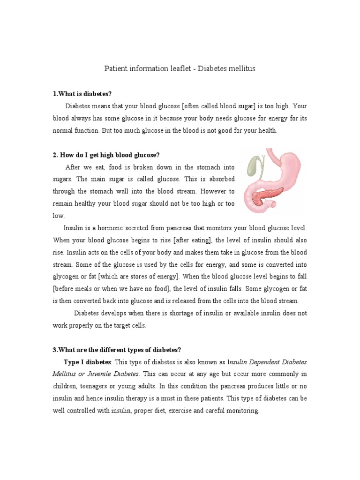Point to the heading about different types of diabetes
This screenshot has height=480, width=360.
117,350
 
